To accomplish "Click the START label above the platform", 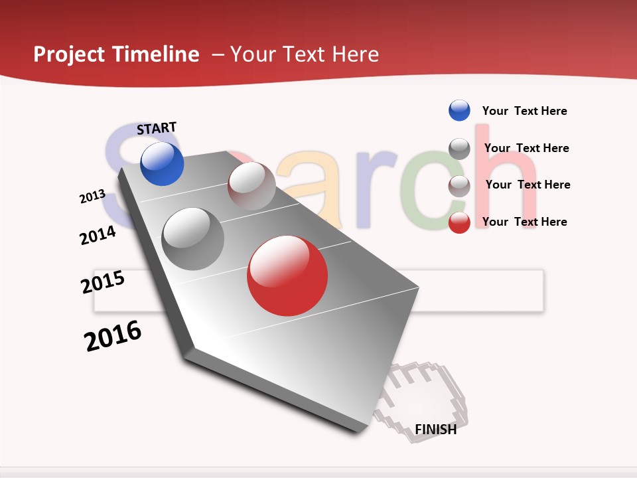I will pyautogui.click(x=157, y=128).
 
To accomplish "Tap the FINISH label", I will pyautogui.click(x=435, y=430).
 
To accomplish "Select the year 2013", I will pyautogui.click(x=92, y=197).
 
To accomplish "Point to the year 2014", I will pyautogui.click(x=98, y=235).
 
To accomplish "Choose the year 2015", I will pyautogui.click(x=103, y=282).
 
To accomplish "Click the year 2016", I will pyautogui.click(x=113, y=336).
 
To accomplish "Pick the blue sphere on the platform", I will pyautogui.click(x=162, y=163).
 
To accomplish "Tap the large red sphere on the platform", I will pyautogui.click(x=287, y=276).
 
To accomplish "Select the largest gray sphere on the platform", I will pyautogui.click(x=193, y=239).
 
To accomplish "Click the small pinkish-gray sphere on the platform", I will pyautogui.click(x=251, y=186).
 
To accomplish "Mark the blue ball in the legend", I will pyautogui.click(x=459, y=110).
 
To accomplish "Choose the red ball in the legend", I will pyautogui.click(x=459, y=222).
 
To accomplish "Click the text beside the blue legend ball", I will pyautogui.click(x=524, y=111).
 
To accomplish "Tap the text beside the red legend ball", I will pyautogui.click(x=524, y=222).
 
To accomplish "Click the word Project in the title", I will pyautogui.click(x=68, y=54).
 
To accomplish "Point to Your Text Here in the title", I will pyautogui.click(x=304, y=54).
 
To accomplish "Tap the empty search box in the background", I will pyautogui.click(x=478, y=291).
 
